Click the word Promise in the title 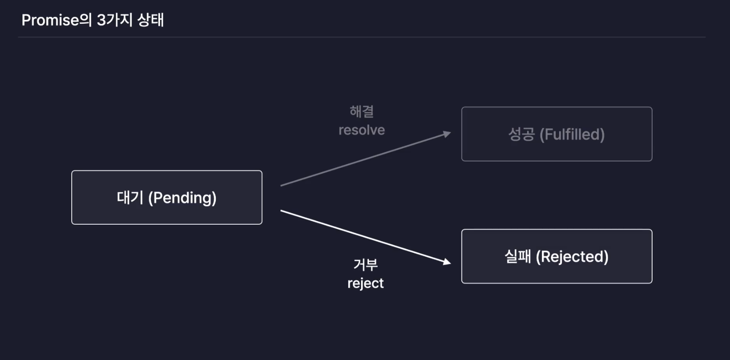click(50, 20)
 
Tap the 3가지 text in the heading click(114, 20)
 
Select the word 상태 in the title click(150, 20)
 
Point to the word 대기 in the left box click(130, 198)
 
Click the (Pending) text click(182, 198)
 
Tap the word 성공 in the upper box click(521, 134)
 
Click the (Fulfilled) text click(572, 134)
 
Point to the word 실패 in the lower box click(518, 257)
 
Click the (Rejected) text click(572, 257)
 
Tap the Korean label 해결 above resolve click(362, 112)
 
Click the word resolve click(362, 130)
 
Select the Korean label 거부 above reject click(365, 264)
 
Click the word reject click(365, 283)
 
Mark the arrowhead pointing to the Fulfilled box click(447, 134)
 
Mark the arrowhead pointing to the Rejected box click(447, 261)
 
